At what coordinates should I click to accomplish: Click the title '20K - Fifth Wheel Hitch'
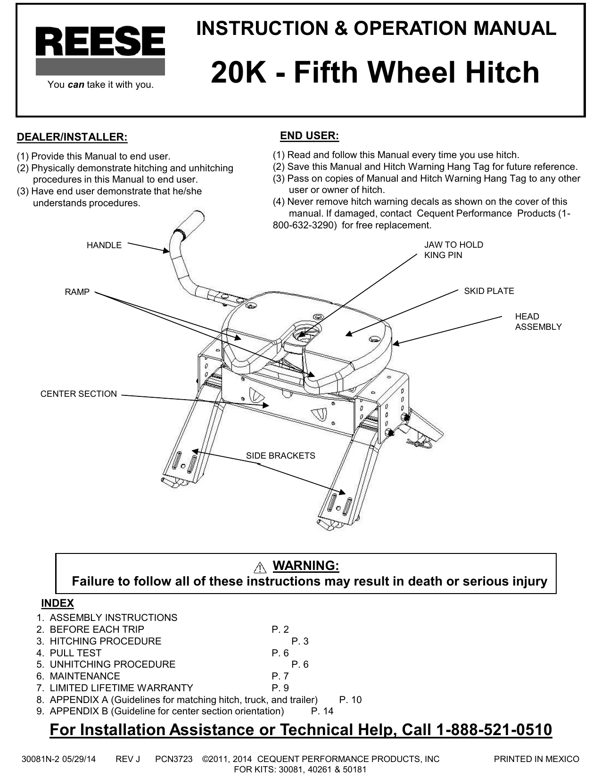click(375, 73)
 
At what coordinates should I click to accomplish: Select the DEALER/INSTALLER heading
click(72, 137)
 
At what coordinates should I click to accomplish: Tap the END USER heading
click(309, 136)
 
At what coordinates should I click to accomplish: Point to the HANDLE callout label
click(104, 245)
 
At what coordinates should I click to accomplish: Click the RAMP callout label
click(77, 292)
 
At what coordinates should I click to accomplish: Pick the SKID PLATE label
click(489, 291)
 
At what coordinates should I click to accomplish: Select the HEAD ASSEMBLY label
click(538, 321)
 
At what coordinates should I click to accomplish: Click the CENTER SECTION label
click(78, 394)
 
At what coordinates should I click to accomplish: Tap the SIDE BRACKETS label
click(280, 456)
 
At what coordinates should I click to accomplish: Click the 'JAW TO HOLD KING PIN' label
click(453, 250)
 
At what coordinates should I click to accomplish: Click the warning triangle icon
click(259, 567)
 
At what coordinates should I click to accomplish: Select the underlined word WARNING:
click(306, 565)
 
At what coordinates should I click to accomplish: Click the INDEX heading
click(58, 603)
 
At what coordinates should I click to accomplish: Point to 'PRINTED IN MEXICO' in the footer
click(536, 759)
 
